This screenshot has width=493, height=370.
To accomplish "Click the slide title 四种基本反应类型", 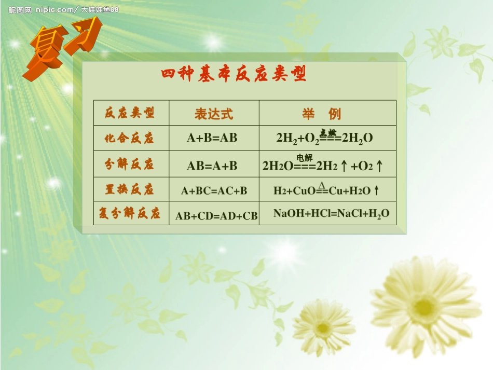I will click(x=234, y=75).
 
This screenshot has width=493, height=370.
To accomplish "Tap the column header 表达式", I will click(x=214, y=114).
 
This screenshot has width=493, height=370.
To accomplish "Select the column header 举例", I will click(x=321, y=114).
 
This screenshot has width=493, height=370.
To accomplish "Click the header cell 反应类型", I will click(x=130, y=113).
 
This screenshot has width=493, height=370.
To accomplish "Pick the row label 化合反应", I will click(x=130, y=138).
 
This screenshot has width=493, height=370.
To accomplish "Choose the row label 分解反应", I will click(x=130, y=164).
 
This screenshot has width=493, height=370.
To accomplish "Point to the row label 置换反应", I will click(x=130, y=189).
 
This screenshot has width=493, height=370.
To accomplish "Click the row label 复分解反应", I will click(x=130, y=213).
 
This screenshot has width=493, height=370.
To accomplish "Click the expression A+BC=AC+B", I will click(x=214, y=191).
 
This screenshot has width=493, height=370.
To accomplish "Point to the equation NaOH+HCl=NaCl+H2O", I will click(x=331, y=213).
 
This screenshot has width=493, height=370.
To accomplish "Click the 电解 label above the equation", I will click(x=305, y=158).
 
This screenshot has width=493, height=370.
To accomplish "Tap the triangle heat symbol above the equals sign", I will click(x=322, y=185).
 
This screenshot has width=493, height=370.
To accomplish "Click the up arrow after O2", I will click(x=379, y=166).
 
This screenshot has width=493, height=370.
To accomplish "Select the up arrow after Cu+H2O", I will click(x=377, y=191).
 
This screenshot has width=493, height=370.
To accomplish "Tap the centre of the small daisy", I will click(x=323, y=327).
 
